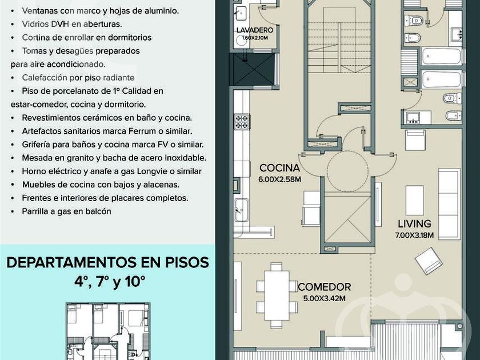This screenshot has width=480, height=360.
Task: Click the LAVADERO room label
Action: coord(255,30)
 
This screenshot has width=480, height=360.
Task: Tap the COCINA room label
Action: coord(279,168)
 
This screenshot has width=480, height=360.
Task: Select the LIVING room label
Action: coord(414,224)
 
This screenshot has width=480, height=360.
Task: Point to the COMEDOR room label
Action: coord(324,287)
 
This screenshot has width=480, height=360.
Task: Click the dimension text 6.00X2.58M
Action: coord(279,179)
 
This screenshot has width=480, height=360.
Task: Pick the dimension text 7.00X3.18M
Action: coord(414,235)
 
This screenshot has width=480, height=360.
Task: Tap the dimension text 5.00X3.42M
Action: coord(324,298)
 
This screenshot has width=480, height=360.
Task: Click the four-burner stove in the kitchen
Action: coord(242,122)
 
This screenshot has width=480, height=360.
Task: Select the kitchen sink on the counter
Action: coord(241,210)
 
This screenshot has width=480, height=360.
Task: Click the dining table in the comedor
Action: coord(277,295)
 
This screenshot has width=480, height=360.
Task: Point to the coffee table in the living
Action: coord(415,201)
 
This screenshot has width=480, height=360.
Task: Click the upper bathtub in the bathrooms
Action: coord(441,56)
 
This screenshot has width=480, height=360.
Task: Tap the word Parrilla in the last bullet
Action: coord(34,211)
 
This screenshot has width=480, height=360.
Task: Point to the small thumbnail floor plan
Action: coord(108,331)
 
